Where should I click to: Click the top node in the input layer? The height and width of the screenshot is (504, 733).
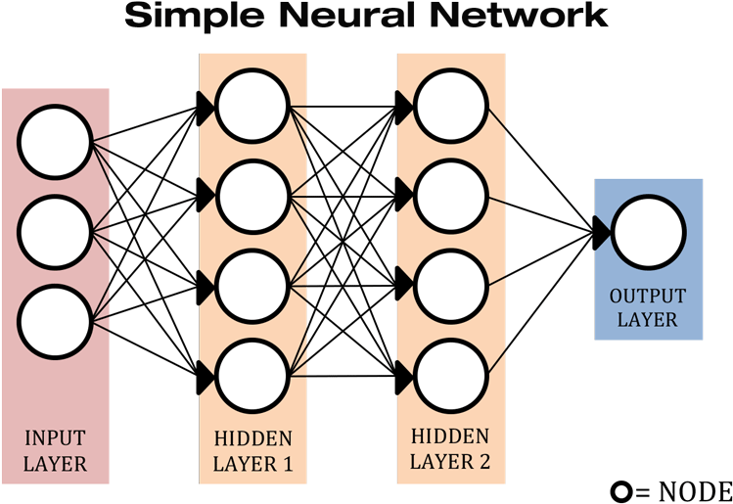pos(55,144)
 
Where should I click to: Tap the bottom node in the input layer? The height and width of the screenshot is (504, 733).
pos(55,320)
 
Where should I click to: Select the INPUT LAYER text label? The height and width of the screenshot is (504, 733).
pos(55,450)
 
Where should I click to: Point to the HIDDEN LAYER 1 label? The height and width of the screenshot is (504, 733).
pos(252,450)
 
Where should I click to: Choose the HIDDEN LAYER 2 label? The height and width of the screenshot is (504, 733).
pos(450,448)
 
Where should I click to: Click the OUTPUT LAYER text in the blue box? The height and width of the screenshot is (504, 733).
pos(648,307)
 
